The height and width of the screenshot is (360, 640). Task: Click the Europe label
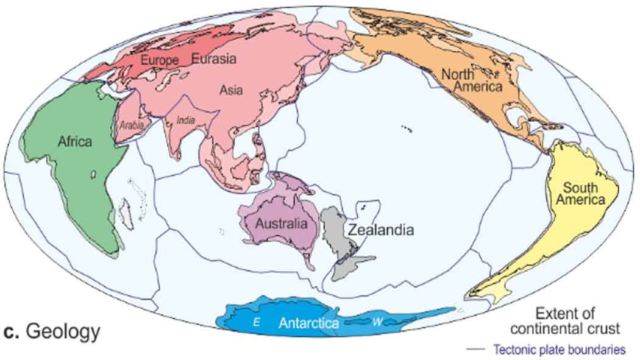(x=160, y=60)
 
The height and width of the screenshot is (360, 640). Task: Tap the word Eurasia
(x=214, y=58)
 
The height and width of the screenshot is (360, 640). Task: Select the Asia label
(x=231, y=90)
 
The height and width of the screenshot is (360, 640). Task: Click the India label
(x=186, y=120)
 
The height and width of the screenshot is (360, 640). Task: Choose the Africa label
(x=75, y=141)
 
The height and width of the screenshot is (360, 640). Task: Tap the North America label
(x=472, y=80)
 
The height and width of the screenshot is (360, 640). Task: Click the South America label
(x=584, y=193)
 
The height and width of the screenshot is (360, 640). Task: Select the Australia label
(x=281, y=224)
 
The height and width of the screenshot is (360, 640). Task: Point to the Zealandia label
(x=381, y=230)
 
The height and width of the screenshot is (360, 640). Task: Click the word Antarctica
(x=308, y=323)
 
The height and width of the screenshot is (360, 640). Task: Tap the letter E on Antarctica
(x=257, y=323)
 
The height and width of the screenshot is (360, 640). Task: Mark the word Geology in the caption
(x=63, y=332)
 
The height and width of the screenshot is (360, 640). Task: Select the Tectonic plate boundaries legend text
(x=560, y=350)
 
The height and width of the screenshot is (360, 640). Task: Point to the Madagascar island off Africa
(x=128, y=213)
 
